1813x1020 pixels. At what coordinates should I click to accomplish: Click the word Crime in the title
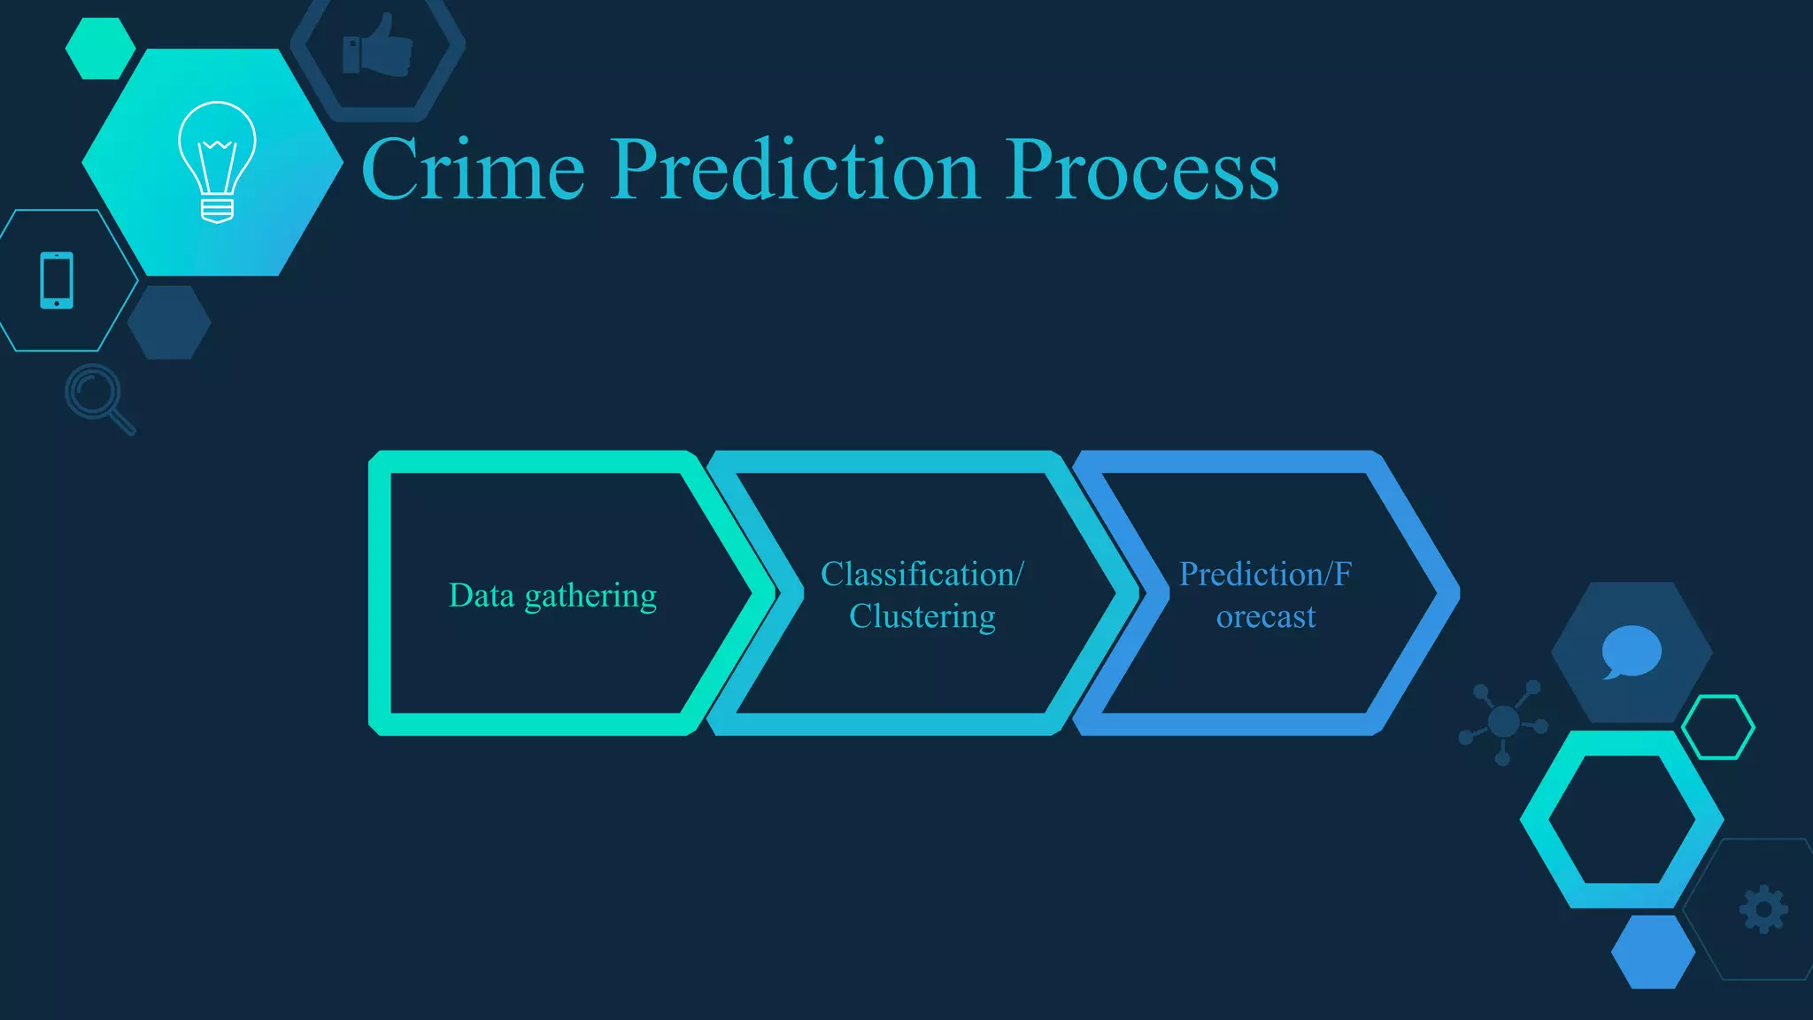tap(473, 170)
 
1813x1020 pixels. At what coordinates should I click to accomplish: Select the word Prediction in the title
tap(794, 170)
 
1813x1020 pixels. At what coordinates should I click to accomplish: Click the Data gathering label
tap(552, 596)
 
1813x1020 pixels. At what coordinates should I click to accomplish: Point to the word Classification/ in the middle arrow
tap(922, 575)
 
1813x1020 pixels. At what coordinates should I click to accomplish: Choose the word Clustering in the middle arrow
tap(922, 616)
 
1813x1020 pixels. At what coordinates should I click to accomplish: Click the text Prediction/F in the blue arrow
tap(1265, 575)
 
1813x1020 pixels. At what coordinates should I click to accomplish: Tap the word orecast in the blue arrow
tap(1265, 616)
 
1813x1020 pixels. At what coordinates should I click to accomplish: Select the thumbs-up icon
tap(378, 46)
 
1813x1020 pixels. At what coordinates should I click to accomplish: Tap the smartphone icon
tap(57, 281)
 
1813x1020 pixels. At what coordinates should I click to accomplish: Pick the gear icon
tap(1763, 909)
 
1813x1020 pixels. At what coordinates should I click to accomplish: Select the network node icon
tap(1503, 722)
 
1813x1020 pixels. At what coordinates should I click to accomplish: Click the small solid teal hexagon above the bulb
tap(100, 48)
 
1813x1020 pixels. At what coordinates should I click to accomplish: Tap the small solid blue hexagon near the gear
tap(1653, 952)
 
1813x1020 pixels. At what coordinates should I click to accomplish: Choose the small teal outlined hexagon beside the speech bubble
tap(1717, 727)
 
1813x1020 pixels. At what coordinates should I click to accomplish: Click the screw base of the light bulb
tap(217, 210)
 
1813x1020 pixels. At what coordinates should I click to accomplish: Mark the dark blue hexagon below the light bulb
tap(169, 322)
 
